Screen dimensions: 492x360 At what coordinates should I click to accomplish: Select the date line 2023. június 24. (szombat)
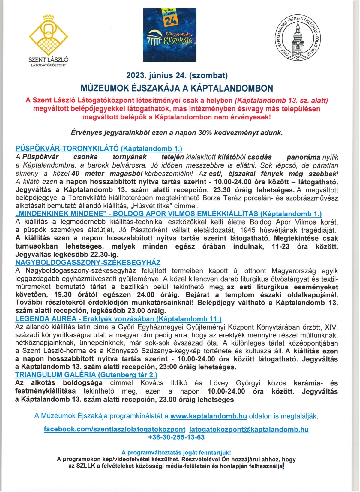(x=177, y=75)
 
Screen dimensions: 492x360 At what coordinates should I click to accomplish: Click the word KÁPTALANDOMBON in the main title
(x=232, y=88)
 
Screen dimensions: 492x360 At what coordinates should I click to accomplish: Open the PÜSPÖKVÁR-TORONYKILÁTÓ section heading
(x=99, y=149)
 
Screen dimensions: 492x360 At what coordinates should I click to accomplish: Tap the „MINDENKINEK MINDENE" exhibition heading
(x=168, y=214)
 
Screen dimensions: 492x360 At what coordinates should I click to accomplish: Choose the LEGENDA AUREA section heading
(x=118, y=319)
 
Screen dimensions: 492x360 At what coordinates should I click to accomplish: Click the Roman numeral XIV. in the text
(x=331, y=327)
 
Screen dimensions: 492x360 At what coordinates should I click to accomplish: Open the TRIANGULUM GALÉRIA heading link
(x=86, y=375)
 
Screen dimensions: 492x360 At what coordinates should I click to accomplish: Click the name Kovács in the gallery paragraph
(x=151, y=383)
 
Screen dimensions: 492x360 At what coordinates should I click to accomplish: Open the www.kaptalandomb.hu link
(x=208, y=416)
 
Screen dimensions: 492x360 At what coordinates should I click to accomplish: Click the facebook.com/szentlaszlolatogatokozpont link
(x=115, y=429)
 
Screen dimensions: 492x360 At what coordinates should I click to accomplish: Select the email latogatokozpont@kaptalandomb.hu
(x=249, y=429)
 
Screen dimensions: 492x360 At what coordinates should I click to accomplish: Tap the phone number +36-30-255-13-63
(x=176, y=437)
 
